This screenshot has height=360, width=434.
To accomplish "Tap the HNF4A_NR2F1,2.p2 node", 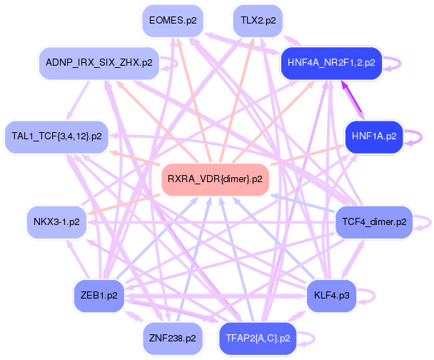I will point(331,63).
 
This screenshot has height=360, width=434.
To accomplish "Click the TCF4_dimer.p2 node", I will point(373,222).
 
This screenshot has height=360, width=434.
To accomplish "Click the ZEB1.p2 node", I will point(99,294).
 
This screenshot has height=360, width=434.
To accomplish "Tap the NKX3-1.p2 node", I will point(56,222).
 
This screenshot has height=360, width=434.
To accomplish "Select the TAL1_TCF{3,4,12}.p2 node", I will point(57,136).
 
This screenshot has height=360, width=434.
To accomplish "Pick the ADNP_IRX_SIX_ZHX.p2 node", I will point(99,63).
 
